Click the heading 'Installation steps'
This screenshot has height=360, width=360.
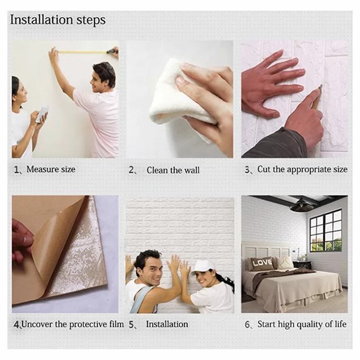tap(58, 20)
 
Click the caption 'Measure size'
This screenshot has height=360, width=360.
tap(50, 169)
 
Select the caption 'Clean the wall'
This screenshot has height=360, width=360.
tap(173, 169)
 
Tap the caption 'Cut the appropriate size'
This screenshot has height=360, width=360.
tap(302, 169)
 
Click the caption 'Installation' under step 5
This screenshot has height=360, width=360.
tap(166, 324)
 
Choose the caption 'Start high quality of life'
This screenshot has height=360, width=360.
tap(302, 324)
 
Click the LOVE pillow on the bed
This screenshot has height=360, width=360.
tap(261, 262)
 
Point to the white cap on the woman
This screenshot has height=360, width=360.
tap(202, 265)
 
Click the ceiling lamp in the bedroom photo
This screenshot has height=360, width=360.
tap(302, 206)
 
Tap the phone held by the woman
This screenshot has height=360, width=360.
tap(42, 114)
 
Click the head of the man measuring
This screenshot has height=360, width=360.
tap(104, 74)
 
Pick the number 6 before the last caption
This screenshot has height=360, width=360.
tap(247, 325)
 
